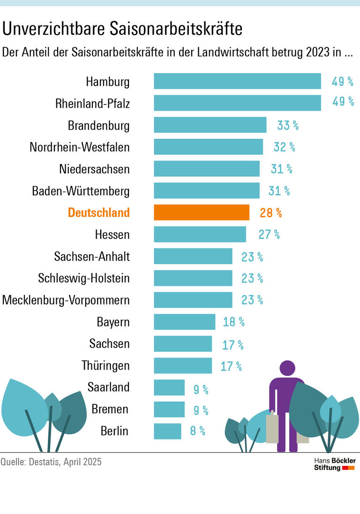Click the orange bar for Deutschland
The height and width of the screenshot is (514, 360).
pyautogui.click(x=202, y=212)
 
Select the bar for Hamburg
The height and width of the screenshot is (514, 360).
pyautogui.click(x=237, y=81)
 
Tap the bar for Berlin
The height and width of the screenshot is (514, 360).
pyautogui.click(x=167, y=431)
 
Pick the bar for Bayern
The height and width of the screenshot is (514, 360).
pyautogui.click(x=184, y=322)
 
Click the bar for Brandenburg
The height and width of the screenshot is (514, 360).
pyautogui.click(x=210, y=125)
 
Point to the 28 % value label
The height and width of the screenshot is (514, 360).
pyautogui.click(x=270, y=213)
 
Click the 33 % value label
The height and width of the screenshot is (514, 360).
pyautogui.click(x=287, y=126)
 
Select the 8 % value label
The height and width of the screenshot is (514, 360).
pyautogui.click(x=197, y=431)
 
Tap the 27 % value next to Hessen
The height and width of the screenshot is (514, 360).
pyautogui.click(x=269, y=234)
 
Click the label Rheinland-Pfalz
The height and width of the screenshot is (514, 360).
pyautogui.click(x=92, y=104)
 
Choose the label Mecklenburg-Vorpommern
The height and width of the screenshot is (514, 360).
pyautogui.click(x=66, y=300)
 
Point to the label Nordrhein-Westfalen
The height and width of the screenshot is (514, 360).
pyautogui.click(x=80, y=147)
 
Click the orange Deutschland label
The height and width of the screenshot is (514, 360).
pyautogui.click(x=99, y=213)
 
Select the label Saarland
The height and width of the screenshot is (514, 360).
pyautogui.click(x=108, y=387)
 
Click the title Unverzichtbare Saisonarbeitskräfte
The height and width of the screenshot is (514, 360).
pyautogui.click(x=122, y=29)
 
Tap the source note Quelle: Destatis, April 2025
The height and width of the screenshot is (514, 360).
pyautogui.click(x=51, y=462)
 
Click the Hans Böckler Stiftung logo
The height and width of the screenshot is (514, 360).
pyautogui.click(x=334, y=464)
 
